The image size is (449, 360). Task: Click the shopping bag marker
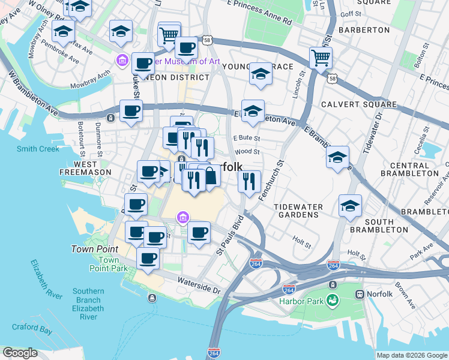[x=209, y=176]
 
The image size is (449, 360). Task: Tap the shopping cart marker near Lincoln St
[x=321, y=58]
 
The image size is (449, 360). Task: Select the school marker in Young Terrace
[x=260, y=73]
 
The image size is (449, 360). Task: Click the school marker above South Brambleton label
[x=350, y=205]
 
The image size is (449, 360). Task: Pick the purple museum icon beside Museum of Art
[x=122, y=61]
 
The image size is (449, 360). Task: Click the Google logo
[x=20, y=352]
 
